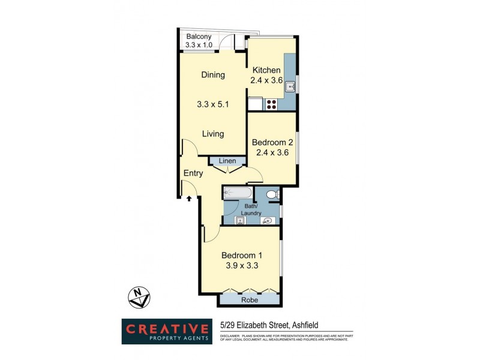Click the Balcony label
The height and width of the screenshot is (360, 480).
[198, 37]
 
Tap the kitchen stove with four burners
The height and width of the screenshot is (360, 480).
[271, 104]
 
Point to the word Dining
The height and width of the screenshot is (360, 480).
[212, 75]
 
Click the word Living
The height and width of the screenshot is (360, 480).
[212, 134]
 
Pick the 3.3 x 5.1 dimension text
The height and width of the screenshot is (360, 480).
[212, 104]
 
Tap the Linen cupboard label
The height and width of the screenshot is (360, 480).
[227, 161]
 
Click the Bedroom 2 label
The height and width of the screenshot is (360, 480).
[272, 142]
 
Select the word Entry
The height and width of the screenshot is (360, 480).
[193, 173]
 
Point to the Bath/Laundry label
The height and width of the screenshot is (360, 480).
[251, 209]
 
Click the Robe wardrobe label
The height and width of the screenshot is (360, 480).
[249, 299]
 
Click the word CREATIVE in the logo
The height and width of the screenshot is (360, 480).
[167, 329]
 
